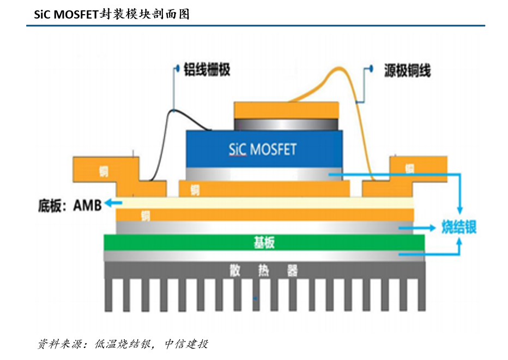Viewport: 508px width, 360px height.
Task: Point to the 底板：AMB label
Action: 70,206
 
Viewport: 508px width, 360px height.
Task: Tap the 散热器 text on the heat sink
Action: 264,270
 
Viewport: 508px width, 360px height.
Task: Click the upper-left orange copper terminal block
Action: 104,169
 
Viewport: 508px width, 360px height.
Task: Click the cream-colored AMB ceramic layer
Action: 264,203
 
